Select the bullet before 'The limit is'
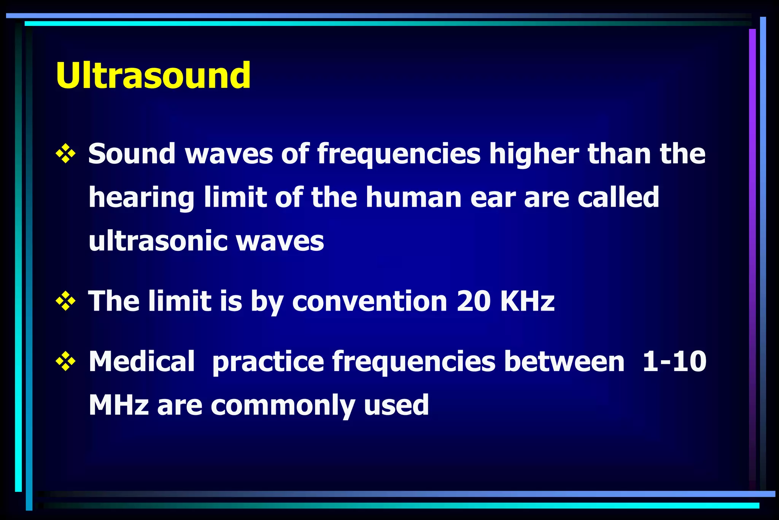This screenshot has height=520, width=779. (65, 301)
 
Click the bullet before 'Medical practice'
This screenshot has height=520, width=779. (65, 361)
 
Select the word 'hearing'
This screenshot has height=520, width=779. (141, 198)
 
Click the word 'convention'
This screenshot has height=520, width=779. (369, 301)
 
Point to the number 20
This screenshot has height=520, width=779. (474, 301)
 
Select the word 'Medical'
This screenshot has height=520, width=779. (141, 361)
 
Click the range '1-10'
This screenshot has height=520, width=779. (674, 361)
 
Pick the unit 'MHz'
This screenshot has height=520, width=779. (118, 405)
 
